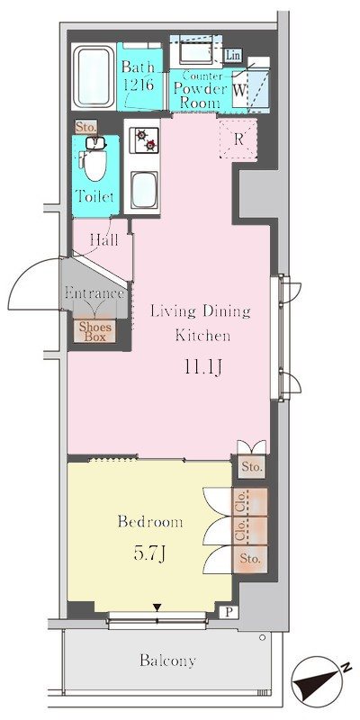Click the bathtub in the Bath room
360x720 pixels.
94,76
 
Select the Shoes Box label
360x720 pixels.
95,331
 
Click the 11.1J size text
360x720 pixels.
203,367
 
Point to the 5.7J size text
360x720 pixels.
149,554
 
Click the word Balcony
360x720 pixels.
167,661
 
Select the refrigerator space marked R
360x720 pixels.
238,139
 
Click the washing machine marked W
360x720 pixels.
238,89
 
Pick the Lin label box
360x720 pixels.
233,56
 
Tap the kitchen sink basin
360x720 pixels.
144,190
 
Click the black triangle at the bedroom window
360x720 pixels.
157,608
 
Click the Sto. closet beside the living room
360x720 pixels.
252,467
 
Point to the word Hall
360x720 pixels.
104,239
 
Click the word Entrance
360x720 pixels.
94,293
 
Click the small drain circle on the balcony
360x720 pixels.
262,637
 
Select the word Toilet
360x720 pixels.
94,197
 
